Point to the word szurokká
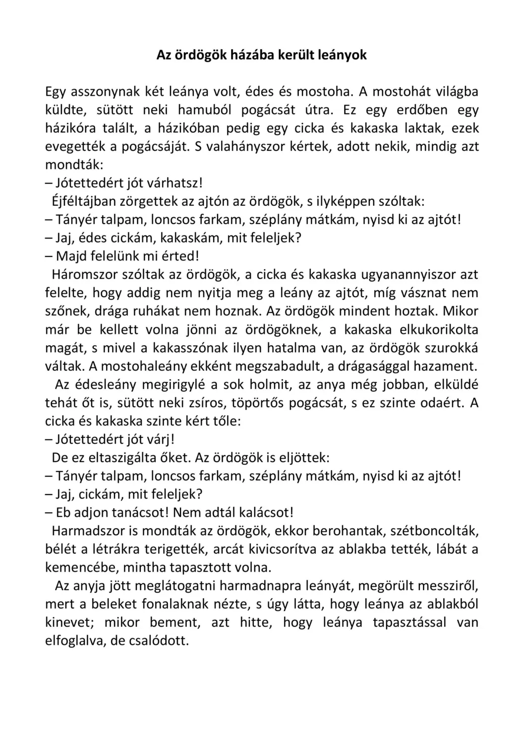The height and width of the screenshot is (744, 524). [452, 348]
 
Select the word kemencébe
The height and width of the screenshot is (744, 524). [80, 567]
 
